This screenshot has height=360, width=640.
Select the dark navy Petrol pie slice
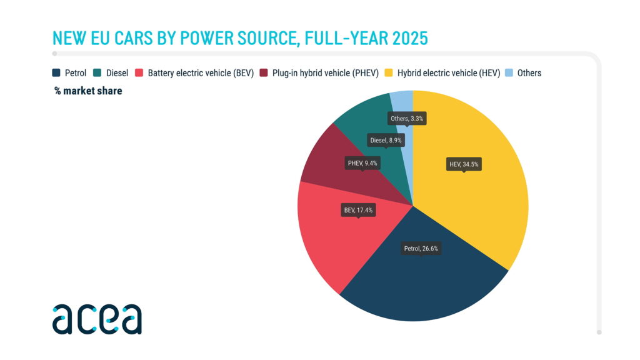pos(419,281)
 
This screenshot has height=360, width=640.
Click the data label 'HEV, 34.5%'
pos(464,165)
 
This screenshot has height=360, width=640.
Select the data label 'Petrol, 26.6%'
pos(421,248)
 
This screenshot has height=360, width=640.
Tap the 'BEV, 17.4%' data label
pos(358,210)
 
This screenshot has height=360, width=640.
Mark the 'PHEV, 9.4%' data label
pos(362,162)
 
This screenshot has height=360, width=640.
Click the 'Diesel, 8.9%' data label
pos(386,140)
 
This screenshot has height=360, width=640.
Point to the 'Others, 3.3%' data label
pos(408,118)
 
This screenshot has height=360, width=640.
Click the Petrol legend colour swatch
pos(56,73)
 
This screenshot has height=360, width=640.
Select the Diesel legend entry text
pos(117,73)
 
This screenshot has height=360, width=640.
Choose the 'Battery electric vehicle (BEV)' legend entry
pos(200,73)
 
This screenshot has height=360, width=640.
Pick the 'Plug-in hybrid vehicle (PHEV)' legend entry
pos(325,73)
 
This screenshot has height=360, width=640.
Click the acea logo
pos(97,319)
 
